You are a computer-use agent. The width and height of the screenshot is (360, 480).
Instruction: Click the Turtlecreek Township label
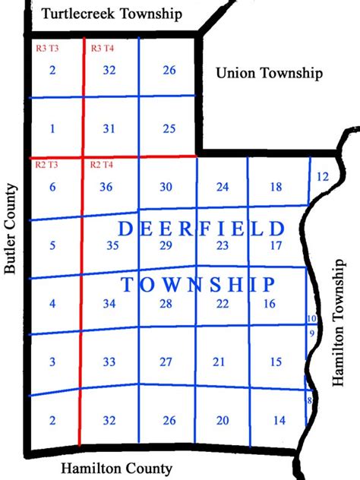point(112,14)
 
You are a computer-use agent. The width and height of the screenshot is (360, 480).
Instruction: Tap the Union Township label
point(270,73)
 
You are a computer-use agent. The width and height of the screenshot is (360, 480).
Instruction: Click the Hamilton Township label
point(339,324)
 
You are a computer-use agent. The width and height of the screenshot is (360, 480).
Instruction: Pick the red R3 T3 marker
point(47,48)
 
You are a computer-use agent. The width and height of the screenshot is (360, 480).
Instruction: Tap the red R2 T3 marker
point(47,165)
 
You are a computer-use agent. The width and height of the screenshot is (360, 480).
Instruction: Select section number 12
point(321,176)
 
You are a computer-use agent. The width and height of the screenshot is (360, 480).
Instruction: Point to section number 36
point(107,188)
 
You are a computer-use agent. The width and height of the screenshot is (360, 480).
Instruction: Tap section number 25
point(169,128)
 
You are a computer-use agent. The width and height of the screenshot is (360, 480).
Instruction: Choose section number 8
point(309,400)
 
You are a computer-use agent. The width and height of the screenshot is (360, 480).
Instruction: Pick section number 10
point(311,318)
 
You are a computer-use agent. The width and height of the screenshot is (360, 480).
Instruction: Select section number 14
point(279,420)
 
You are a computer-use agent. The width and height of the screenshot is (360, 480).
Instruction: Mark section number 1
point(52,128)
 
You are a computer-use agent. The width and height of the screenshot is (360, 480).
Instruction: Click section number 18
point(276,188)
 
